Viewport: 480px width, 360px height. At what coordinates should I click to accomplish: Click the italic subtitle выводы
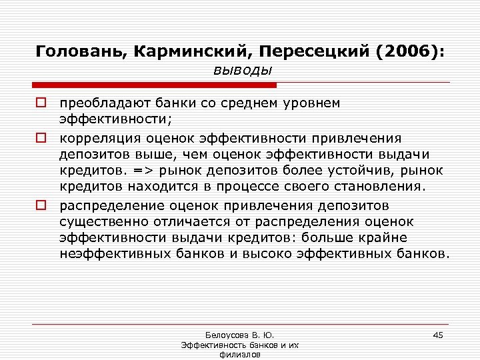point(243,70)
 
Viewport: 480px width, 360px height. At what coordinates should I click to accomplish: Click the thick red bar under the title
point(154,85)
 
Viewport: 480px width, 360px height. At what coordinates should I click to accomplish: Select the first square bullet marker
point(41,104)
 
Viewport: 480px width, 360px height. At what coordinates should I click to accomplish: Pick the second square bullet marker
point(41,138)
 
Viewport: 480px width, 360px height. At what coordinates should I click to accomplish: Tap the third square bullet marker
point(41,205)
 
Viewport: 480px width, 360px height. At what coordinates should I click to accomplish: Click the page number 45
point(438,334)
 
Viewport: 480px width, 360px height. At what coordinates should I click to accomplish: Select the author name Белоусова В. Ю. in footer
point(237,335)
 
